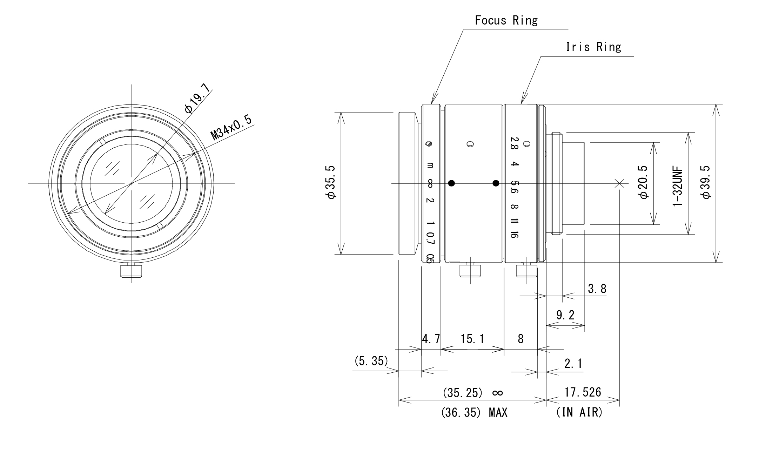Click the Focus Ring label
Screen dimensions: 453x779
tap(506, 20)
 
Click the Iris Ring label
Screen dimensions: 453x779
tap(593, 47)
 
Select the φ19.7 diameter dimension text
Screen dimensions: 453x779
tap(198, 99)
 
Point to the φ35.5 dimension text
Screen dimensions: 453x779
tap(331, 183)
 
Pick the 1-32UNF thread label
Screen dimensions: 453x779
tap(678, 186)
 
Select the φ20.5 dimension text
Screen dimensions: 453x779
tap(644, 183)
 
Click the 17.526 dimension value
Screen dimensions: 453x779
tap(583, 392)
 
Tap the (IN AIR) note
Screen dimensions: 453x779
tap(579, 413)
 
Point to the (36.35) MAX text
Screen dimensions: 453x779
tap(474, 413)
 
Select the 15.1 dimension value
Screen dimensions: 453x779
tap(472, 339)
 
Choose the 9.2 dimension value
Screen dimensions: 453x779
tap(565, 315)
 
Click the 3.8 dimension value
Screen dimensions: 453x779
tap(597, 289)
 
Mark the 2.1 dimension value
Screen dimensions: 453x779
tap(573, 364)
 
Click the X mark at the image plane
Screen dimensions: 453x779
tap(619, 183)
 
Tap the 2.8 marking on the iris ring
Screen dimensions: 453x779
tap(514, 143)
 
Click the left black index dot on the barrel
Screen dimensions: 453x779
tap(451, 183)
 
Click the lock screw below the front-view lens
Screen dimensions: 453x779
tap(131, 271)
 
